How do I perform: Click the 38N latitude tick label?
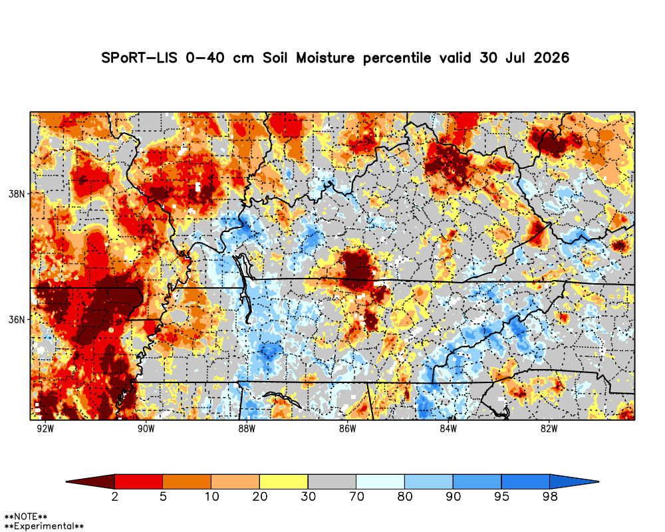point(17,194)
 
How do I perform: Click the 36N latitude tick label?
point(17,319)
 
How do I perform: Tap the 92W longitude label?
point(45,428)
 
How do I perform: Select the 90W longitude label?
point(146,428)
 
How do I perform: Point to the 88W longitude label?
point(247,428)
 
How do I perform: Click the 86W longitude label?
point(347,428)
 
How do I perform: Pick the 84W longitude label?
point(448,428)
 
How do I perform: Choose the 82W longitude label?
point(549,428)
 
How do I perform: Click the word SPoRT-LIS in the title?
point(139,58)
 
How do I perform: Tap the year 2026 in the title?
point(551,58)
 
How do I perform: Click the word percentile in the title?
point(396,58)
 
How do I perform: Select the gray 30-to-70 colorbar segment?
point(332,481)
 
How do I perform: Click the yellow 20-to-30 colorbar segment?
point(284,481)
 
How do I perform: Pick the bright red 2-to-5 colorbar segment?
point(139,481)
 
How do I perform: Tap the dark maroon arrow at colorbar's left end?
point(90,481)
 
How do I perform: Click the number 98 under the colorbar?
point(550,496)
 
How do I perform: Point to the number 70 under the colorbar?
point(356,496)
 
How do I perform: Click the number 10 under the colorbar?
point(211,496)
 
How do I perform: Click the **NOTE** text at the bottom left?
point(25,517)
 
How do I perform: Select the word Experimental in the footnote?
point(44,527)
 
